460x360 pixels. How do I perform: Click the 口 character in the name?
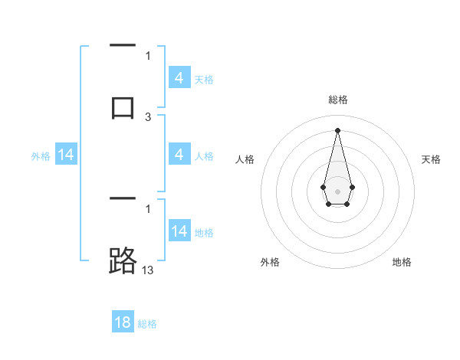(123, 106)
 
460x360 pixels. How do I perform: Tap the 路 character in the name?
(123, 261)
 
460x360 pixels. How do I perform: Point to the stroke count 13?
(148, 270)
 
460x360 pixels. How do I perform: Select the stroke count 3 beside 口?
(148, 116)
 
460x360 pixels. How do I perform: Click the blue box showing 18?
(123, 322)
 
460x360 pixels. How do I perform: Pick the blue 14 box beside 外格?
(66, 155)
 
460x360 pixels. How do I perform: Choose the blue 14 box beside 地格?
(179, 231)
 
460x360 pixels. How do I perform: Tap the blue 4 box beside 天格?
(179, 78)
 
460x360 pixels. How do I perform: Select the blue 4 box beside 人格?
(179, 155)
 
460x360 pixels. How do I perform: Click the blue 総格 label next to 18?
(147, 324)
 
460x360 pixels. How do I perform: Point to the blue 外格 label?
(41, 156)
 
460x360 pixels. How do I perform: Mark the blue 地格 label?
(204, 232)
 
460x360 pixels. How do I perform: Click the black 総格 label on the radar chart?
(337, 100)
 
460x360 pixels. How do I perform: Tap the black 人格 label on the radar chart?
(245, 159)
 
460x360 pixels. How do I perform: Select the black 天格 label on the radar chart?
(431, 159)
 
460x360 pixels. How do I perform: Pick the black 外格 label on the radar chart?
(270, 262)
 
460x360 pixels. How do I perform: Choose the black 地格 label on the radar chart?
(402, 262)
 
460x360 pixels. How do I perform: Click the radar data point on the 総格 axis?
(337, 129)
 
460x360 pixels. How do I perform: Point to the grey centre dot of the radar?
(337, 190)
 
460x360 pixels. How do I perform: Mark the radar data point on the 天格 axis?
(352, 186)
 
